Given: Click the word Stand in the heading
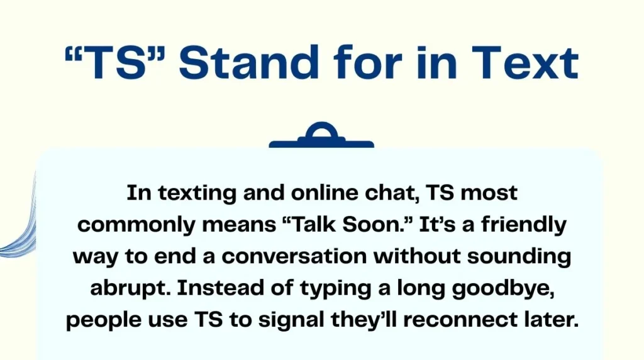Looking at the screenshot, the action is pyautogui.click(x=249, y=62).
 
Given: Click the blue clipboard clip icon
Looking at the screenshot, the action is pyautogui.click(x=321, y=135).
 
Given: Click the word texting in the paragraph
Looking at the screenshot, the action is pyautogui.click(x=197, y=193).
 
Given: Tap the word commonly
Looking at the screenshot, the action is pyautogui.click(x=136, y=225).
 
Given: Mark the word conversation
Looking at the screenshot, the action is pyautogui.click(x=294, y=256).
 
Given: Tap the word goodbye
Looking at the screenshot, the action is pyautogui.click(x=504, y=289).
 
